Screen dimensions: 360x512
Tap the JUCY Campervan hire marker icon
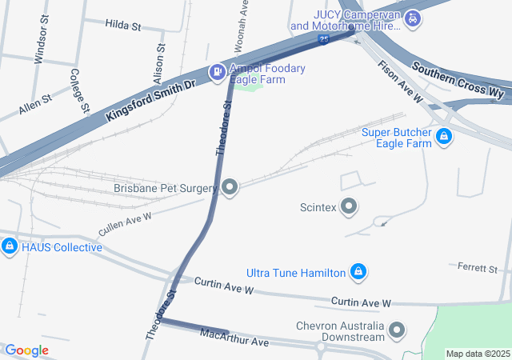(412, 18)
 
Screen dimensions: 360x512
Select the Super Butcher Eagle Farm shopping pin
(442, 138)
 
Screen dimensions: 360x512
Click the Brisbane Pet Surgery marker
(230, 189)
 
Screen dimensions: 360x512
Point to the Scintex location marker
(349, 207)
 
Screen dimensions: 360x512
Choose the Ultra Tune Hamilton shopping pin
(359, 273)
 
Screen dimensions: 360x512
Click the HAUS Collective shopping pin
(10, 246)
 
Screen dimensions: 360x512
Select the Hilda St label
(122, 26)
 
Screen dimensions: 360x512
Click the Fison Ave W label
(399, 82)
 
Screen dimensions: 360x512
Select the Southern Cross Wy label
(458, 81)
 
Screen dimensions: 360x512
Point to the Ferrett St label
(478, 266)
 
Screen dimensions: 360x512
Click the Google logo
(26, 350)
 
